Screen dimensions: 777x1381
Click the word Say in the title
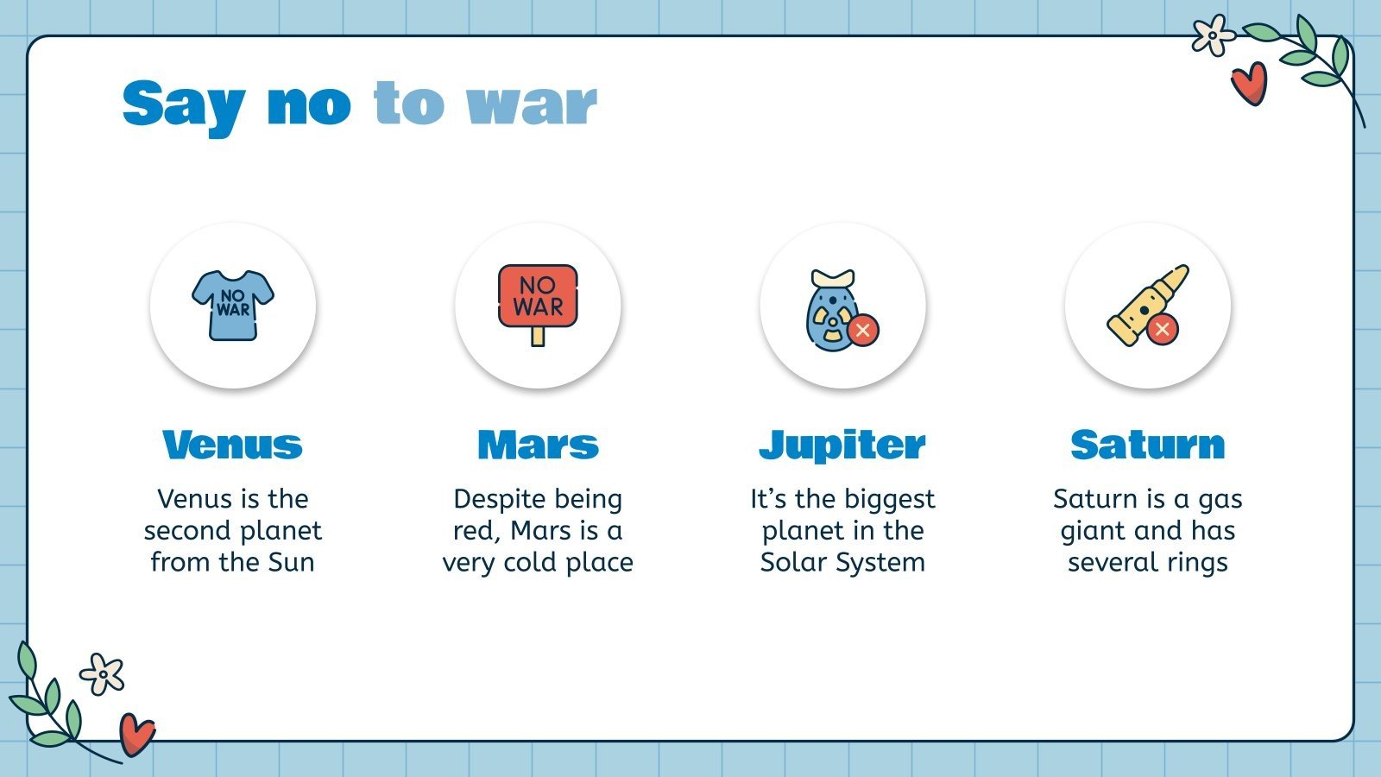(x=183, y=105)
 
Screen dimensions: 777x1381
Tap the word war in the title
(x=531, y=105)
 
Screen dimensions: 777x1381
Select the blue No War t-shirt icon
(x=233, y=305)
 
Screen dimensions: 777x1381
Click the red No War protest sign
(x=538, y=296)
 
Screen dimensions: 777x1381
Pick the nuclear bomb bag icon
(x=830, y=311)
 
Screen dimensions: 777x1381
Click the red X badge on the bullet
(x=1163, y=329)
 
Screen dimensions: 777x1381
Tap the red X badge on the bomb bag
(x=862, y=331)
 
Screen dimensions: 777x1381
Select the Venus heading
(x=233, y=445)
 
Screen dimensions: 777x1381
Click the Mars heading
(x=538, y=445)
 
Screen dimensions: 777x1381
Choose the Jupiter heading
(x=842, y=445)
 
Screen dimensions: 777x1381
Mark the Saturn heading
(x=1148, y=445)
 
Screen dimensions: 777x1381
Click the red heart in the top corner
(x=1249, y=83)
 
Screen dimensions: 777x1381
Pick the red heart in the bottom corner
(x=136, y=734)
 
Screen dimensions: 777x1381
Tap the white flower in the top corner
(x=1213, y=35)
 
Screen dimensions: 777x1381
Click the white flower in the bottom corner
(x=102, y=674)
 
